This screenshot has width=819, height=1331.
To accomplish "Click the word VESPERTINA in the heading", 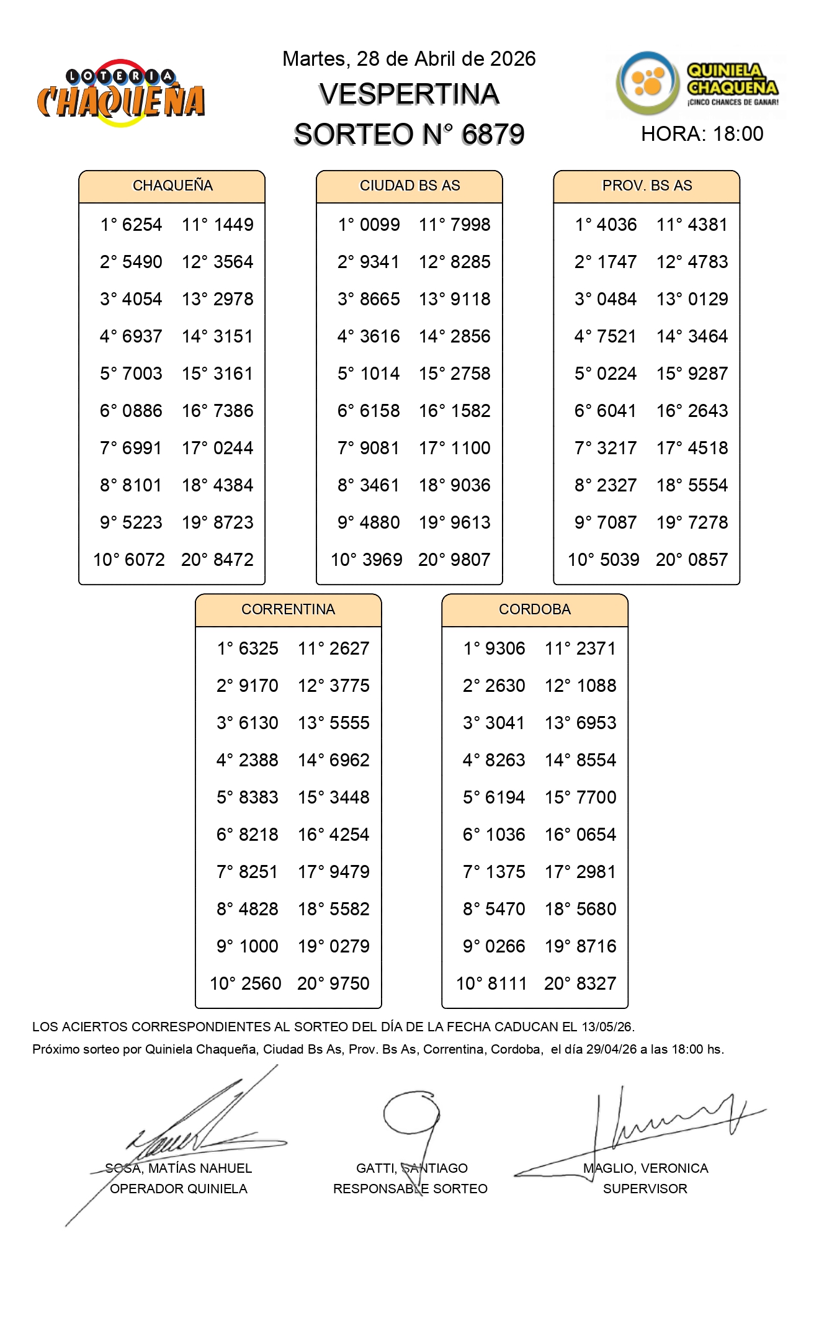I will click(409, 94).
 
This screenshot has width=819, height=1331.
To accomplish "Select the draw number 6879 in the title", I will click(493, 134).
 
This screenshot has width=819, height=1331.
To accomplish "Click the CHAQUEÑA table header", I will click(172, 186).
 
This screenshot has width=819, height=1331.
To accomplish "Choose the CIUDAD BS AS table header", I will click(409, 186).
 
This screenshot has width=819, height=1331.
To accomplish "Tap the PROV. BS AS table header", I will click(647, 186).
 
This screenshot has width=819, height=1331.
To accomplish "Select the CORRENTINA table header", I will click(288, 609).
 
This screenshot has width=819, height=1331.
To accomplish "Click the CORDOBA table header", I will click(534, 609).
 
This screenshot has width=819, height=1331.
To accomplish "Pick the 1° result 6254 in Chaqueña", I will click(142, 225).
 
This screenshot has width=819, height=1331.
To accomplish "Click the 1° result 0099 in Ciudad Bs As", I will click(380, 225).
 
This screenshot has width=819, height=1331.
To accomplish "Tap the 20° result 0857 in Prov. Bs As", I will click(708, 560).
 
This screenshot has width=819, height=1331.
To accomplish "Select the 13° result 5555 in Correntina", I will click(349, 723).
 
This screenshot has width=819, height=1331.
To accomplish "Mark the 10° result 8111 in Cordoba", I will click(507, 984).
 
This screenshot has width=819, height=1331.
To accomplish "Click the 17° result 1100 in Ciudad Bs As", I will click(470, 448).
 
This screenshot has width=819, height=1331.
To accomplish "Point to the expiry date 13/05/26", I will click(607, 1027).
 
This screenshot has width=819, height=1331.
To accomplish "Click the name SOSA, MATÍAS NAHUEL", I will click(179, 1168).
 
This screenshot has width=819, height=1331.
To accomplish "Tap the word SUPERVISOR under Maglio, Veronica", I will click(645, 1189).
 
